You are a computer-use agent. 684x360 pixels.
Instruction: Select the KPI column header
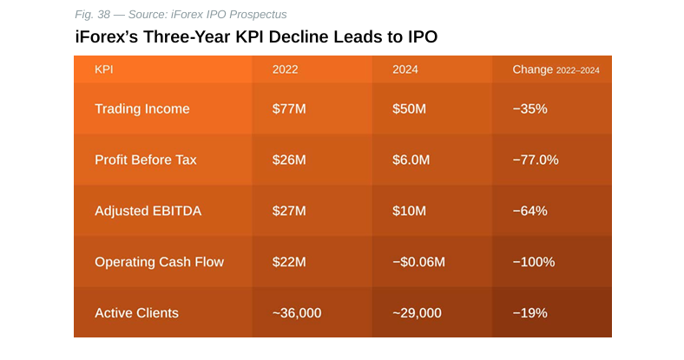[x=104, y=69]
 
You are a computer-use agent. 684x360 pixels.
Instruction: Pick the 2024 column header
[x=405, y=69]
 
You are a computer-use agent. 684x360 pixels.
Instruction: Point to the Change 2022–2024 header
[x=556, y=69]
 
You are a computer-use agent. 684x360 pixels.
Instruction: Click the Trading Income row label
[x=141, y=109]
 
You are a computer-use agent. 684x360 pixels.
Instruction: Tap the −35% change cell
[x=529, y=109]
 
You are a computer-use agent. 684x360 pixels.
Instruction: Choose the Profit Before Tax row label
[x=146, y=160]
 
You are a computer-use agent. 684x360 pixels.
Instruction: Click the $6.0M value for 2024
[x=412, y=160]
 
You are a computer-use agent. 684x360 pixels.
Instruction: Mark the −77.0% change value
[x=536, y=160]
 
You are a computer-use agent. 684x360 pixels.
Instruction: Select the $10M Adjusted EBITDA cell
[x=409, y=211]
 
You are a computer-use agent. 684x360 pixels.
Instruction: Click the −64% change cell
[x=529, y=211]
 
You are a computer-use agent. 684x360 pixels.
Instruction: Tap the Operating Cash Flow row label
[x=159, y=262]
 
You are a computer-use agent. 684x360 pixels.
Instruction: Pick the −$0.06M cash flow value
[x=419, y=262]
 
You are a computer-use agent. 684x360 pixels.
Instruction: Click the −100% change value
[x=534, y=262]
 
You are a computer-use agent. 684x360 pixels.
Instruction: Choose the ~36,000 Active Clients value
[x=297, y=313]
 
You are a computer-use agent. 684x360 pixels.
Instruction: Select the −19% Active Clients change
[x=529, y=313]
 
